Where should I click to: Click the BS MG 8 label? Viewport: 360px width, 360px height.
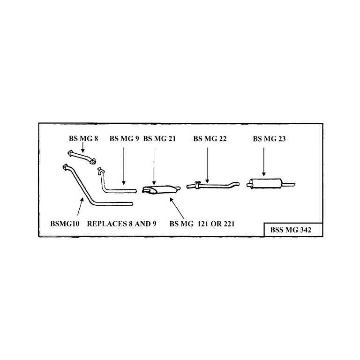[x=83, y=139]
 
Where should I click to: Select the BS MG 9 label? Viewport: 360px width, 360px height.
[x=124, y=139]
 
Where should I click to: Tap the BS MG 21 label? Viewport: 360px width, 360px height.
[x=159, y=139]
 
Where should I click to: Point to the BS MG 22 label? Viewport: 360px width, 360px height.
[x=210, y=139]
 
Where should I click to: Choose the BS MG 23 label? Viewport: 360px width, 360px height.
[x=270, y=139]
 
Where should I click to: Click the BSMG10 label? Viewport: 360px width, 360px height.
[x=65, y=224]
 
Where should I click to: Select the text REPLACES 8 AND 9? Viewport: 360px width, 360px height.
[x=122, y=224]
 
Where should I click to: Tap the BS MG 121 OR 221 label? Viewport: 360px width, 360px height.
[x=202, y=224]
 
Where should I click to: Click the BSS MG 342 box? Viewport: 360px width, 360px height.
[x=293, y=230]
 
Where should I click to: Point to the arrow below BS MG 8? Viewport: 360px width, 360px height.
[x=82, y=148]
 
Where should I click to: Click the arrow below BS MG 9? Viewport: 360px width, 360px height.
[x=124, y=166]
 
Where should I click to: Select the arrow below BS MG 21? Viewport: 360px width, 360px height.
[x=154, y=167]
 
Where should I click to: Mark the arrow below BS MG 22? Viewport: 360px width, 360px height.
[x=207, y=165]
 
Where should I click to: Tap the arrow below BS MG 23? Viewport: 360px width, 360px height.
[x=264, y=162]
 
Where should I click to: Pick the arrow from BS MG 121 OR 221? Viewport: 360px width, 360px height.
[x=177, y=208]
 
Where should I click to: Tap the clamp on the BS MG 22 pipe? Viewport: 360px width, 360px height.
[x=197, y=185]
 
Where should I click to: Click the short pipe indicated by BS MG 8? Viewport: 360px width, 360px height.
[x=82, y=157]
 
